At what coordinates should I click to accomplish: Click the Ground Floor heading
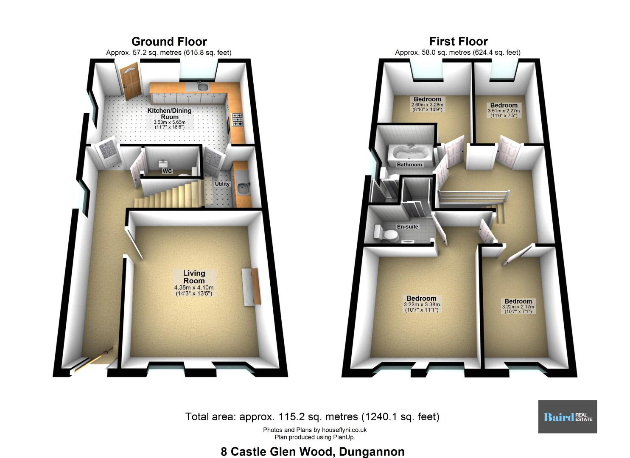click(x=169, y=42)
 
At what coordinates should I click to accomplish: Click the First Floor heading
click(x=459, y=42)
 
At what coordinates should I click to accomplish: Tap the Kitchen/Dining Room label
click(x=170, y=114)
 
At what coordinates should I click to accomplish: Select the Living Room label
click(x=194, y=276)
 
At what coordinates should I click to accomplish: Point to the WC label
click(x=167, y=171)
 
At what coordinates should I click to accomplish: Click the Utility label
click(x=222, y=184)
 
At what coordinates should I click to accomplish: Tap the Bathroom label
click(x=409, y=165)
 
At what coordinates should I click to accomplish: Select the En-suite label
click(x=408, y=226)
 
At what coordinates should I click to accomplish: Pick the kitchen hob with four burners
click(x=237, y=120)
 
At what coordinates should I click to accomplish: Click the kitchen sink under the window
click(x=202, y=86)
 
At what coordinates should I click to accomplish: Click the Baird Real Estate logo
click(x=568, y=417)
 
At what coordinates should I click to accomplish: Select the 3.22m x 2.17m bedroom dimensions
click(x=518, y=309)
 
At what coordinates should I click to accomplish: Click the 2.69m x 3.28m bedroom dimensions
click(x=427, y=107)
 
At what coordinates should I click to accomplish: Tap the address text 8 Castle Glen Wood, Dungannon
click(x=313, y=452)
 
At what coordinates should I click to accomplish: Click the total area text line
click(x=312, y=417)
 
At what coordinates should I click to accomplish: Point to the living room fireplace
click(x=251, y=287)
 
